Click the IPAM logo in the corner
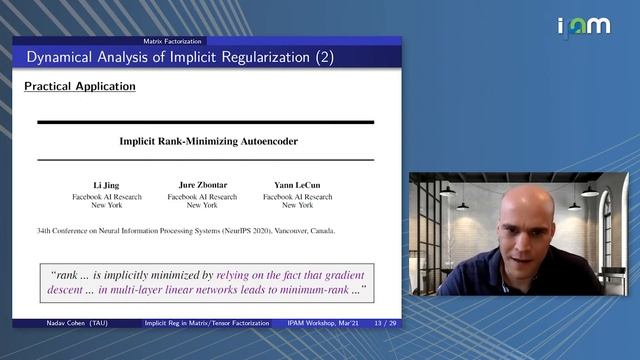582,26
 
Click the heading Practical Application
79,86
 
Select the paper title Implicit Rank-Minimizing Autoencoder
208,141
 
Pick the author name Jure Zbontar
201,186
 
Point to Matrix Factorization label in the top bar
172,41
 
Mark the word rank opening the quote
67,272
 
